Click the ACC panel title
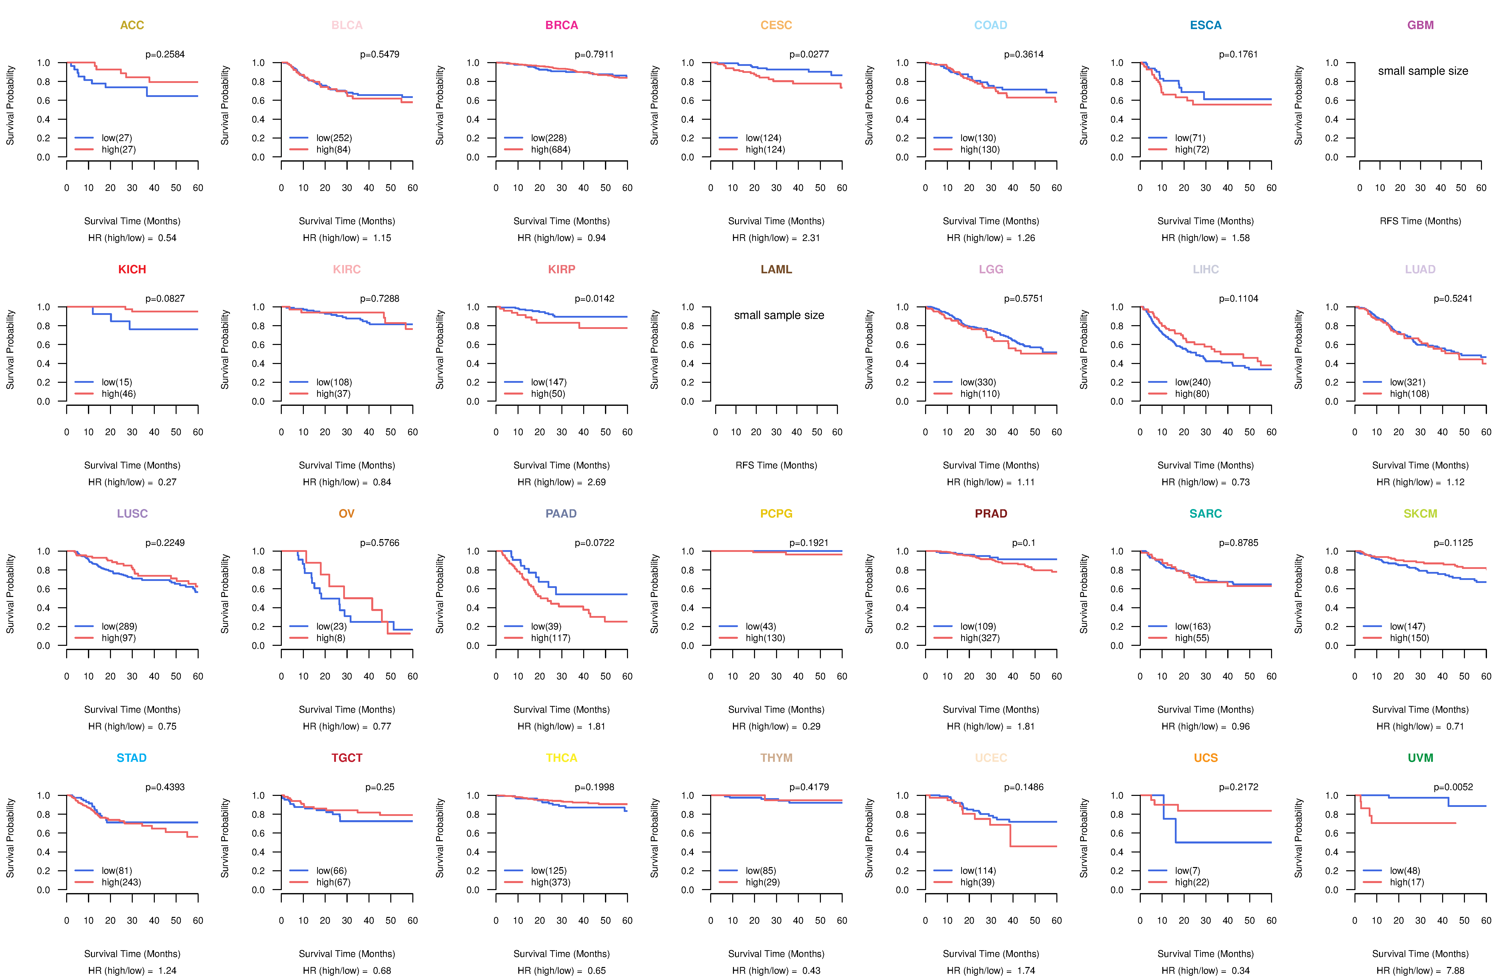(x=132, y=25)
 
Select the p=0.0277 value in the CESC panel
(x=809, y=54)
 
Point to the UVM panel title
(x=1420, y=758)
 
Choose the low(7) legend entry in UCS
(x=1187, y=871)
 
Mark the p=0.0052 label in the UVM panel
(x=1453, y=787)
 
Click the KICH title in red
(x=132, y=270)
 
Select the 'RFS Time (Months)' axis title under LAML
(x=776, y=465)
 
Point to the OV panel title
(x=347, y=514)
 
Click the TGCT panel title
(x=347, y=758)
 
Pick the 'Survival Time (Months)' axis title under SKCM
(x=1420, y=710)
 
